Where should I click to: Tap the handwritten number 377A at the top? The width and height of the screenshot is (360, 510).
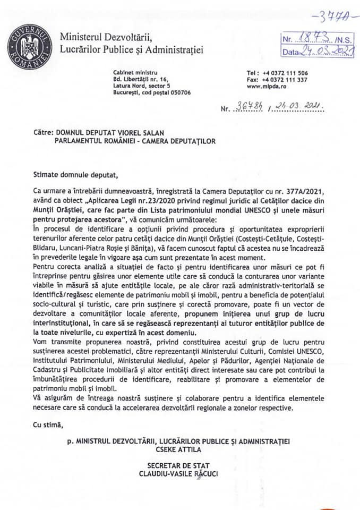pos(331,17)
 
